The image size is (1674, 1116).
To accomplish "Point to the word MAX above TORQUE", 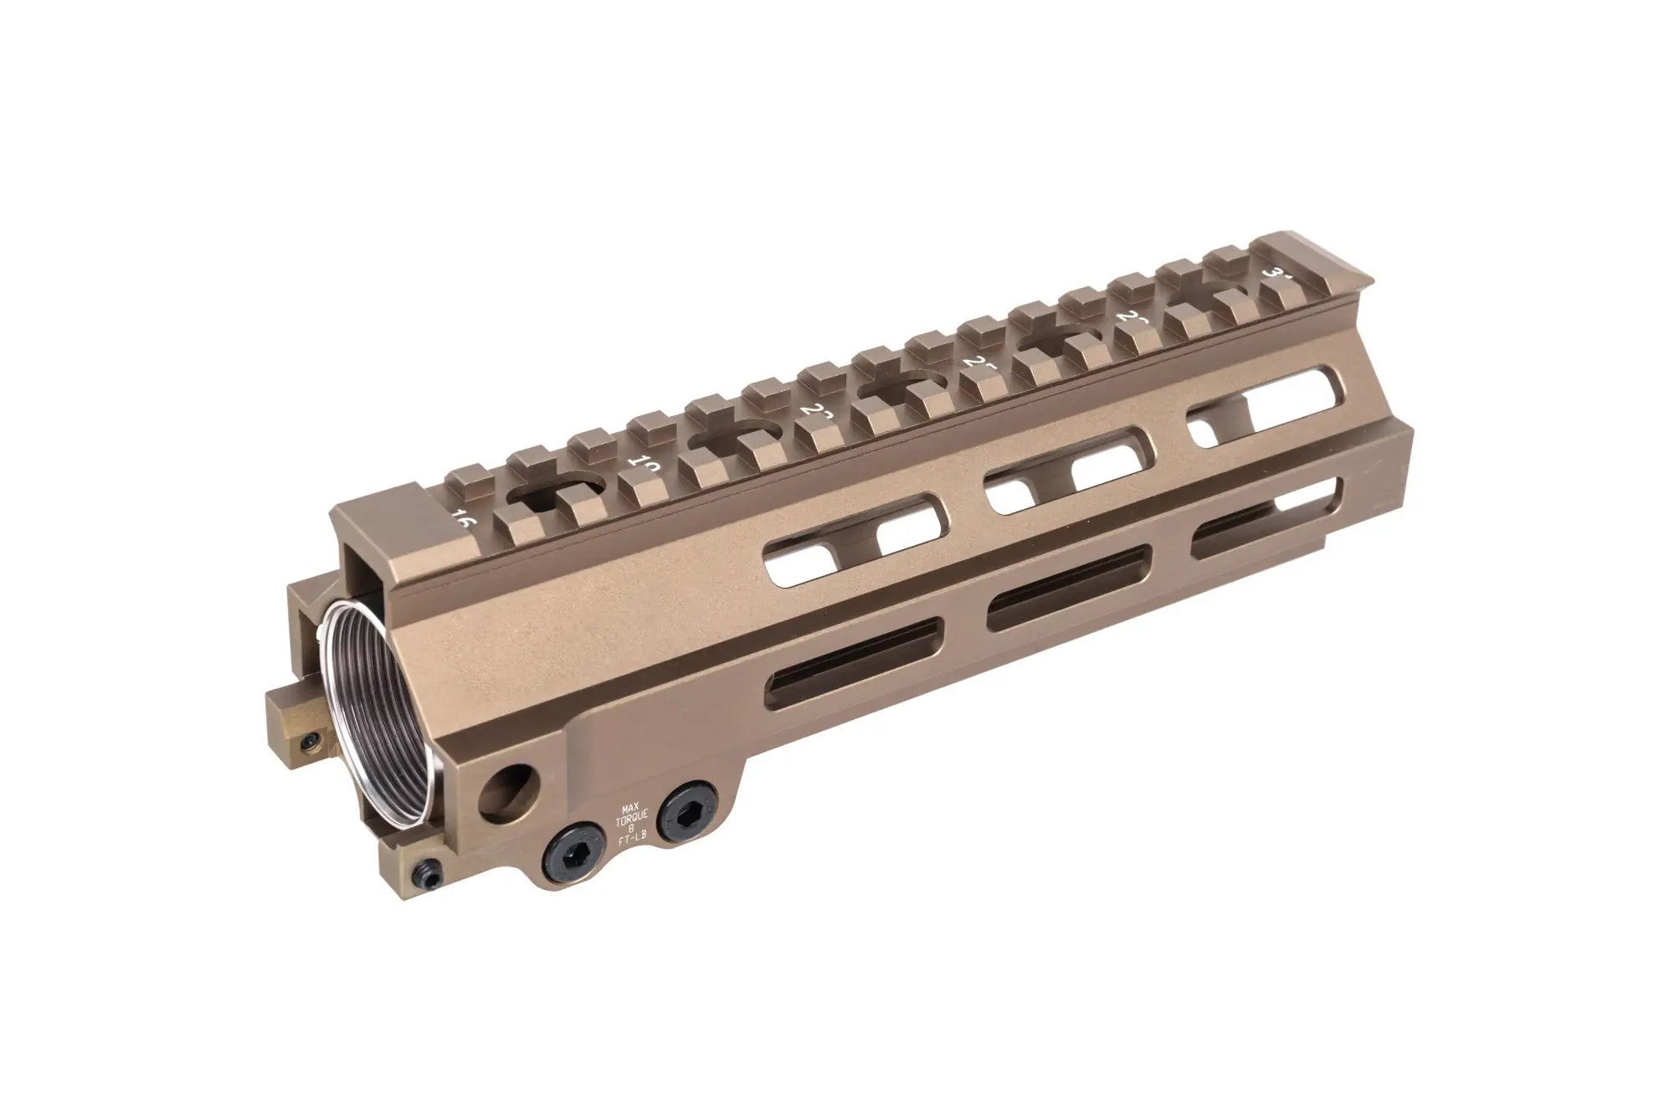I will coord(629,808).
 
